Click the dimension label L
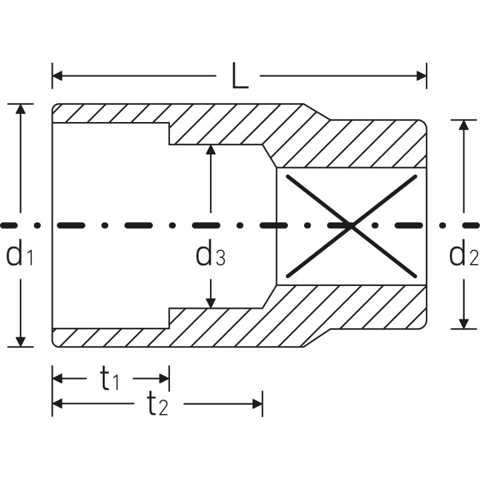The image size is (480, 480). click(x=240, y=75)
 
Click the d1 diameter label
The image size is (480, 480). click(x=19, y=252)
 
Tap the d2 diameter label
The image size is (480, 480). click(x=463, y=252)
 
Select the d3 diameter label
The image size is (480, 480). click(x=211, y=252)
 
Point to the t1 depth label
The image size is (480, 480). click(x=109, y=379)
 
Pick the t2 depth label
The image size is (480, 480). click(x=157, y=404)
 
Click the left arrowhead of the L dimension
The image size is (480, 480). click(x=57, y=75)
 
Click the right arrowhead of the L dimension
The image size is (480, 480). click(x=421, y=75)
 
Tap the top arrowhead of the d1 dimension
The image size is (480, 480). click(x=21, y=109)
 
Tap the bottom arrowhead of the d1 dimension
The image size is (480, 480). click(x=21, y=341)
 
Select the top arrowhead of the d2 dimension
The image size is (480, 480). click(x=464, y=125)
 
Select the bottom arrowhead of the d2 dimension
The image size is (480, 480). click(x=464, y=324)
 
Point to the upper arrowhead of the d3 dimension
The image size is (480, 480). click(x=211, y=150)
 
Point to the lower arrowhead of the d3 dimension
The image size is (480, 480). click(x=211, y=303)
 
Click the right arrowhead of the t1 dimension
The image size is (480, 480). click(x=164, y=379)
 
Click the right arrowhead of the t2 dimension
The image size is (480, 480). click(x=257, y=404)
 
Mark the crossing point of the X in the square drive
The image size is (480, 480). click(x=351, y=226)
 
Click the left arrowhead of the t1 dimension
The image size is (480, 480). click(x=57, y=379)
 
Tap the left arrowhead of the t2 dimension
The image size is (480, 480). click(x=57, y=404)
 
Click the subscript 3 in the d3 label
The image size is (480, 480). click(x=221, y=257)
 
